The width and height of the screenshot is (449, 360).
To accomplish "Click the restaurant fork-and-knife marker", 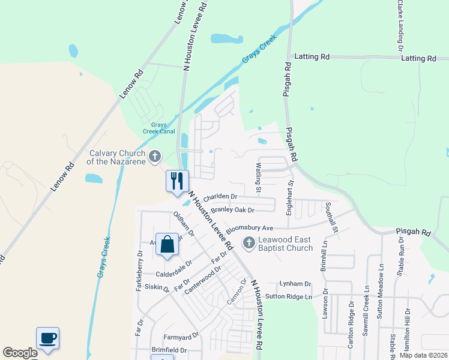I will pyautogui.click(x=177, y=181).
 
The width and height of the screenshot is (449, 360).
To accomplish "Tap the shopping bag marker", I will pyautogui.click(x=167, y=244).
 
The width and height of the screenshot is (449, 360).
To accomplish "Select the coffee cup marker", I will pyautogui.click(x=48, y=338).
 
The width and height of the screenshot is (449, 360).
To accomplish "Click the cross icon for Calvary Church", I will pyautogui.click(x=155, y=157).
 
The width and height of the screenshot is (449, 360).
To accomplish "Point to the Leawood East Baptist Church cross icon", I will pyautogui.click(x=248, y=243).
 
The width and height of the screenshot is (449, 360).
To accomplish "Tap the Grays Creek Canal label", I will pyautogui.click(x=158, y=128).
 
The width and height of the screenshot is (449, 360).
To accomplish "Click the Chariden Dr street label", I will pyautogui.click(x=220, y=197).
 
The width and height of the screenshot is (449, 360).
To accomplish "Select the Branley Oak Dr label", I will pyautogui.click(x=233, y=210).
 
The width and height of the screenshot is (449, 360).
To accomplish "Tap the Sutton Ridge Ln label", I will pyautogui.click(x=289, y=296).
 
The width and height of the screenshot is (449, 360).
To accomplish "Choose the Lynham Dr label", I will pyautogui.click(x=295, y=283).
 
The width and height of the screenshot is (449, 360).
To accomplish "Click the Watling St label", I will pyautogui.click(x=259, y=178).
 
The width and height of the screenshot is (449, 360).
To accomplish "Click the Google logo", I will pyautogui.click(x=20, y=353).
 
